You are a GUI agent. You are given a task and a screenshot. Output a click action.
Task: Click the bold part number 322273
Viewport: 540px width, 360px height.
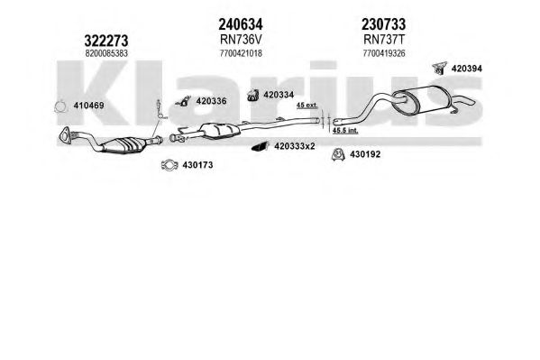(x=106, y=41)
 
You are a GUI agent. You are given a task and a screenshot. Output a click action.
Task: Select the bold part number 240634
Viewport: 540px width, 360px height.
(x=241, y=24)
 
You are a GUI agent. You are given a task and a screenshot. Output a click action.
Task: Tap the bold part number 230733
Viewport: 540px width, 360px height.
(x=383, y=24)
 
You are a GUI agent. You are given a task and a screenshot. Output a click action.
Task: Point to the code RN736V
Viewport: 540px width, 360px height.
(x=241, y=40)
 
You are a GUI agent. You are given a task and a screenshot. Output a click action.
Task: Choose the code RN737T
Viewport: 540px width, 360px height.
(x=384, y=40)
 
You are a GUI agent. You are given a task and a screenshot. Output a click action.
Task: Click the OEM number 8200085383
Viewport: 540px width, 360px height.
(x=106, y=53)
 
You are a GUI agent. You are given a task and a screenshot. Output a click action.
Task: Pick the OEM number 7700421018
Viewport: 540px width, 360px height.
(x=241, y=53)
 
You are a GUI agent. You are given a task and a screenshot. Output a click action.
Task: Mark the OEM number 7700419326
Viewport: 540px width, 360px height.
(x=384, y=53)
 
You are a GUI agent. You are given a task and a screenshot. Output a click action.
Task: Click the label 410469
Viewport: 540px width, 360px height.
(x=88, y=106)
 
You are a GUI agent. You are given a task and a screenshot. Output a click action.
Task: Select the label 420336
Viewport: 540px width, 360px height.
(x=211, y=101)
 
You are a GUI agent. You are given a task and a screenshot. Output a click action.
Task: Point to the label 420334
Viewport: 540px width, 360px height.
(x=279, y=95)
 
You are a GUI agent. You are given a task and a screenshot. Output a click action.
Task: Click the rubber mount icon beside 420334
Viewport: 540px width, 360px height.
(x=253, y=96)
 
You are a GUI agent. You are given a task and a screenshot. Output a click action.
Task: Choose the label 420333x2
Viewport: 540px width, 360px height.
(x=295, y=146)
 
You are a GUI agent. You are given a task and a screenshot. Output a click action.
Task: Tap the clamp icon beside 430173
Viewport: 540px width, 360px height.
(x=169, y=165)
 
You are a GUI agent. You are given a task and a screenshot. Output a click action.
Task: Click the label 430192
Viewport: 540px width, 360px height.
(x=365, y=154)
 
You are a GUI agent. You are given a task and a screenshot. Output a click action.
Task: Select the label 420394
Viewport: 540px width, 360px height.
(x=467, y=69)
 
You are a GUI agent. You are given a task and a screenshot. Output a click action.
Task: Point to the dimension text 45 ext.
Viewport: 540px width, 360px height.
(x=307, y=106)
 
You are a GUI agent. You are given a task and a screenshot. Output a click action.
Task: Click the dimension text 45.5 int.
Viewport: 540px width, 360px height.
(x=345, y=130)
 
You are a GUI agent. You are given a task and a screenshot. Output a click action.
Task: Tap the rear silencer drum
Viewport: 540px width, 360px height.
(x=422, y=99)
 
